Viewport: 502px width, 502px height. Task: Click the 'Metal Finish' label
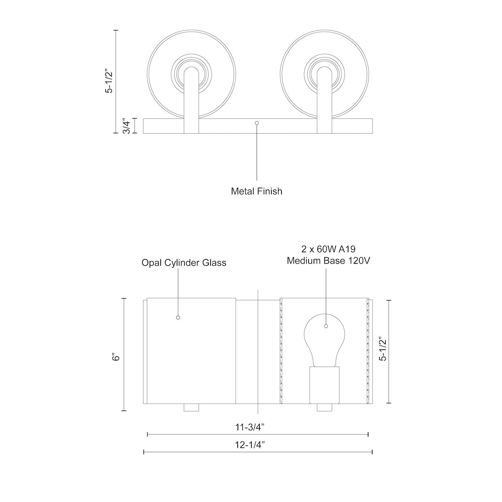click(x=257, y=191)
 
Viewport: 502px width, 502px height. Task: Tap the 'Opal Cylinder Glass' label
click(x=184, y=263)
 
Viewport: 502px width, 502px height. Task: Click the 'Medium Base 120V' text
click(x=328, y=260)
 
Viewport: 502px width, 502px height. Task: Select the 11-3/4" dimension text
click(x=250, y=427)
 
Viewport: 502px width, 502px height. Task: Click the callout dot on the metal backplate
click(x=257, y=123)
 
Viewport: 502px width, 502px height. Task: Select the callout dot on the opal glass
click(x=178, y=317)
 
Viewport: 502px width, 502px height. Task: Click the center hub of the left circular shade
click(x=192, y=73)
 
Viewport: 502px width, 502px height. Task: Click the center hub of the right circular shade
click(x=325, y=73)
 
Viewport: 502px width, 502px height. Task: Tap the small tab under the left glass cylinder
click(x=191, y=407)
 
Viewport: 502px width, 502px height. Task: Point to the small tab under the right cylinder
click(x=324, y=407)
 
